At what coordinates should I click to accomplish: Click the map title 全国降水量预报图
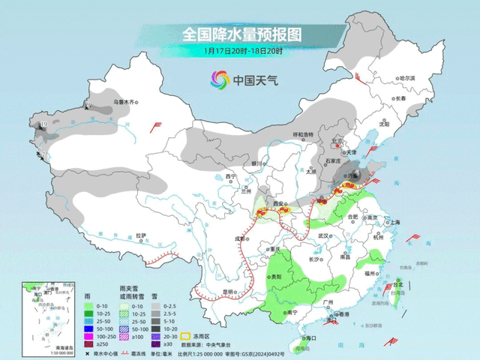coord(240,34)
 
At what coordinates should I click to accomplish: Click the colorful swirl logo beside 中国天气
coord(219,79)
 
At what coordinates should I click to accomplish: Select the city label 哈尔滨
coord(406,78)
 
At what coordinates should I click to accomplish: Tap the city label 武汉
coord(324,235)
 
